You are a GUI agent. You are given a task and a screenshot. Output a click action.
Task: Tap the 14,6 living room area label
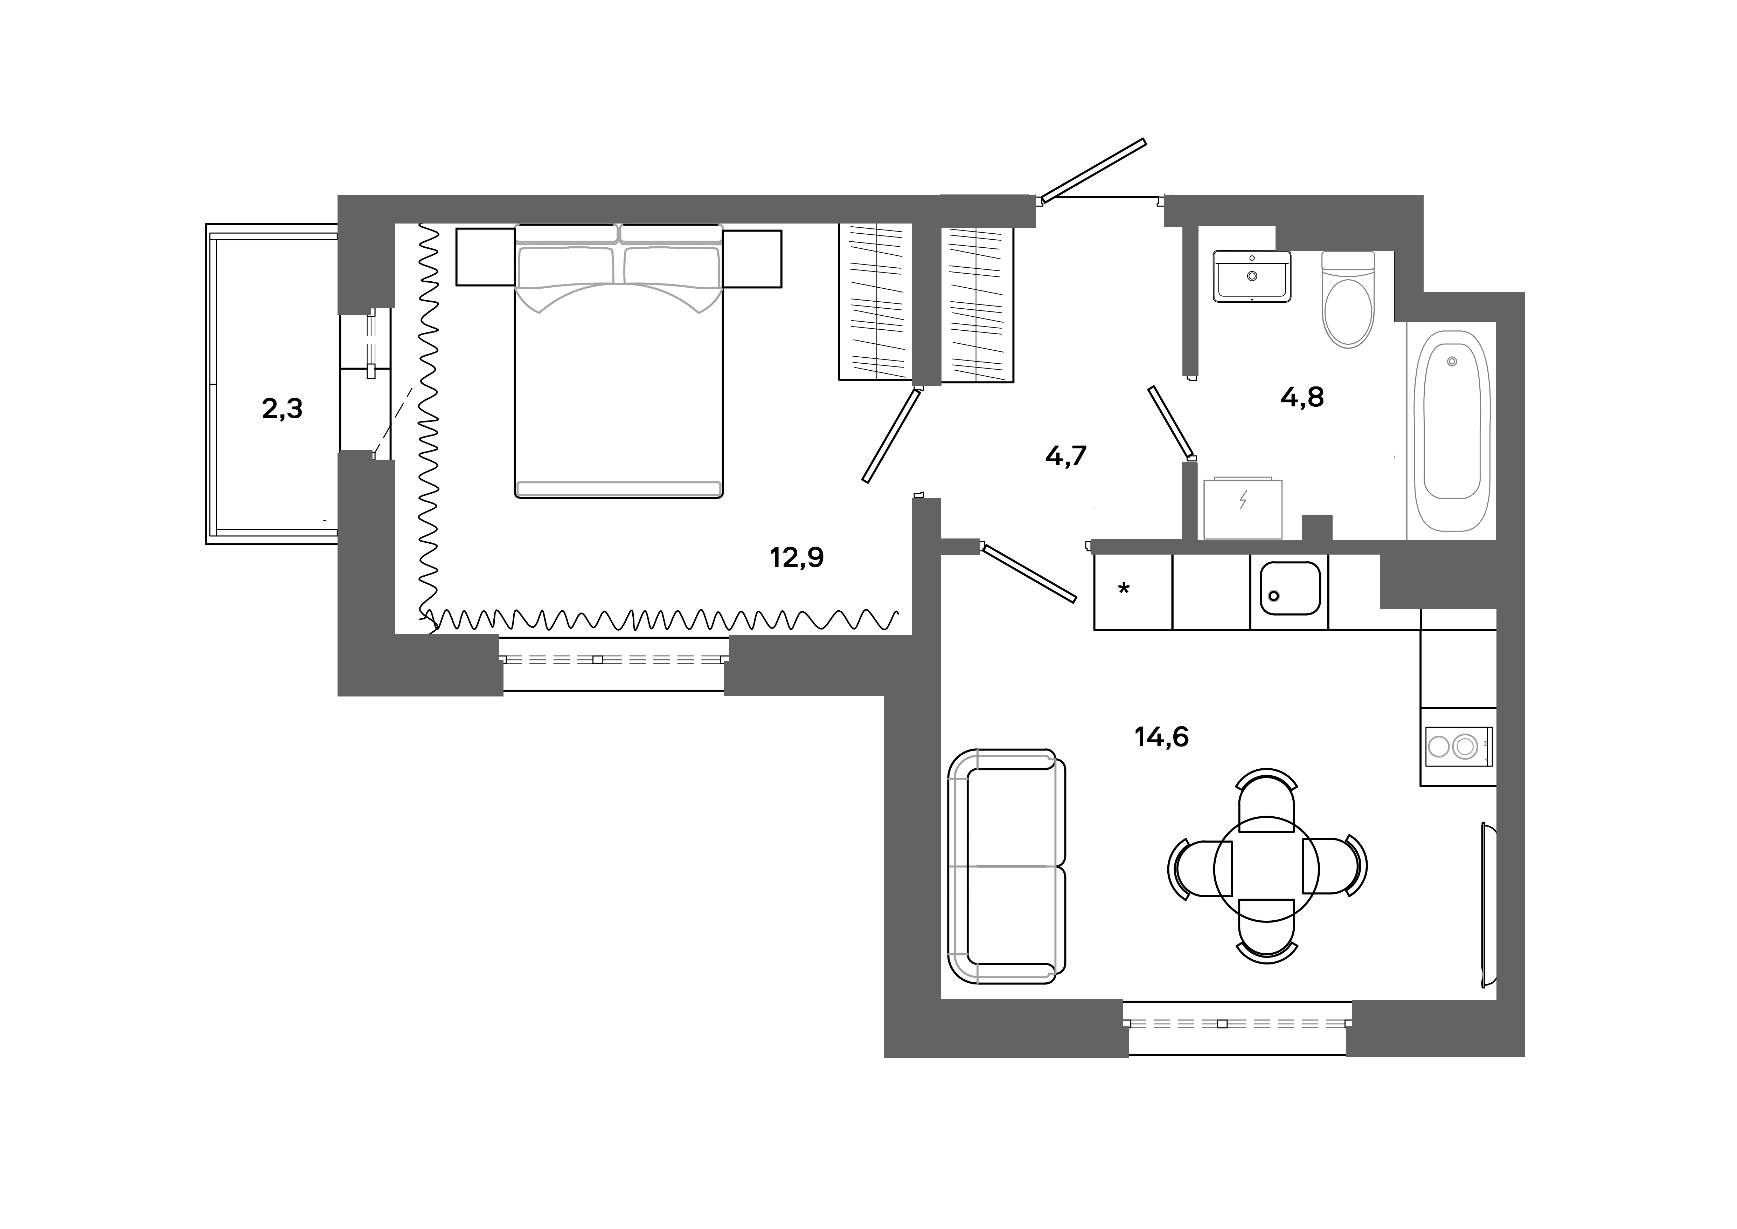click(1161, 736)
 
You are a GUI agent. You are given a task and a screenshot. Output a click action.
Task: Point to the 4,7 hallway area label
click(1066, 456)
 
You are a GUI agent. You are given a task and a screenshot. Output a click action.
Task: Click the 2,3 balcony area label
click(282, 410)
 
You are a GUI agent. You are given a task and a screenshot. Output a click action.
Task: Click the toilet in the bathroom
click(1347, 301)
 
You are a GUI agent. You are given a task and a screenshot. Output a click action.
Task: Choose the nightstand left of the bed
click(485, 258)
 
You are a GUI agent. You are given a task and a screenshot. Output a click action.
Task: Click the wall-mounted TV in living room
click(1488, 905)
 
